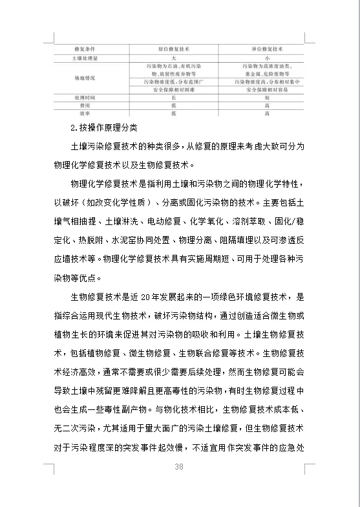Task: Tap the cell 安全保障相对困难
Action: [x=173, y=90]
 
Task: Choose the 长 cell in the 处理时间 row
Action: [x=173, y=98]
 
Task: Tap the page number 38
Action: [x=179, y=468]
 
